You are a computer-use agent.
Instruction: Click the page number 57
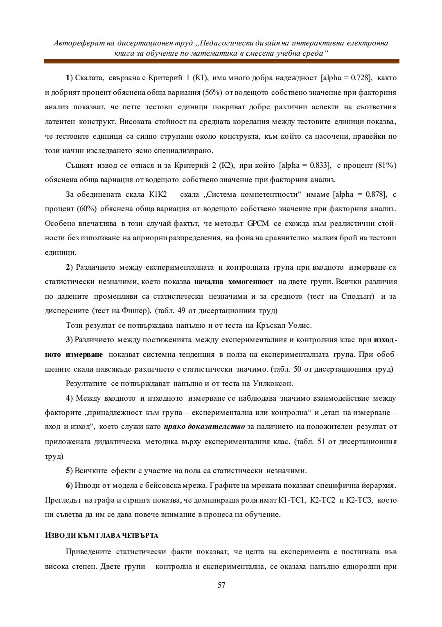click(x=221, y=585)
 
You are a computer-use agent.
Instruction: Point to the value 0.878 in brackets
click(x=375, y=194)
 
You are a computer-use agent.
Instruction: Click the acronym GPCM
click(x=258, y=223)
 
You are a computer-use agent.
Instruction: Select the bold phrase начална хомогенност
click(x=234, y=282)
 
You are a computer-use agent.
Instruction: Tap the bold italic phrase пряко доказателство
click(x=204, y=427)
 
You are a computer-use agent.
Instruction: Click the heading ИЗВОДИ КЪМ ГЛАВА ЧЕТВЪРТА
click(x=101, y=535)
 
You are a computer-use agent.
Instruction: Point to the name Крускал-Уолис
click(x=284, y=325)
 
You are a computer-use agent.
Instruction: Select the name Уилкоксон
click(x=273, y=383)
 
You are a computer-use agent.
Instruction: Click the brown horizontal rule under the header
click(x=221, y=61)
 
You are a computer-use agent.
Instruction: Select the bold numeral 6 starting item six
click(x=68, y=485)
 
